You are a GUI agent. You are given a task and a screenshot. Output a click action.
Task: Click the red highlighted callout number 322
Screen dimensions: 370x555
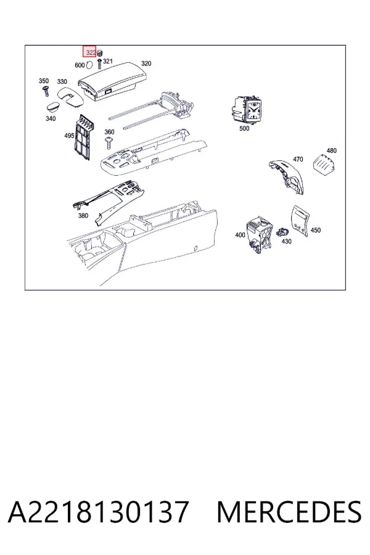point(90,52)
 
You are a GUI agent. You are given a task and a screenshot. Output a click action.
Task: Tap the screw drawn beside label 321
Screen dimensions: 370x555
point(99,64)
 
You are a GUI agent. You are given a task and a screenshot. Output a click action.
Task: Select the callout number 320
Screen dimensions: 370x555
point(146,64)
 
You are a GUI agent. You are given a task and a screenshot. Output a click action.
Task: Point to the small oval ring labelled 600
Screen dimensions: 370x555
point(89,64)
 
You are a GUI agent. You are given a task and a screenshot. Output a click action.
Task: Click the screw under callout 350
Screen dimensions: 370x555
point(45,91)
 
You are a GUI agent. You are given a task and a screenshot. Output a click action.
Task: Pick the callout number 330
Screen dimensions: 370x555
point(62,81)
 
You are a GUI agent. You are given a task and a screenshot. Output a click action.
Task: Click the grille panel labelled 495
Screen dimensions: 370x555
point(84,138)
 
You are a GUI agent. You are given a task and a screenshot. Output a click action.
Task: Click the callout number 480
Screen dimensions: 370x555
point(331,150)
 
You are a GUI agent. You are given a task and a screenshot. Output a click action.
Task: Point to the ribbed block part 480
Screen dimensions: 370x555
point(324,164)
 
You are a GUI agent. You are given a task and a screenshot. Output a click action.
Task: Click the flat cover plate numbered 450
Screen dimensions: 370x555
point(300,221)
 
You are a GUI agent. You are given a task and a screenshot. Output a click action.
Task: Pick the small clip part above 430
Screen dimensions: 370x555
point(283,232)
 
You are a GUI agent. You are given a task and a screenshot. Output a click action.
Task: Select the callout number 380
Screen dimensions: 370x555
point(83,216)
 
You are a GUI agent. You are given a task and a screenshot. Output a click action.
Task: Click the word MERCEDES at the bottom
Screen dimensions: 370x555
point(289,512)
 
